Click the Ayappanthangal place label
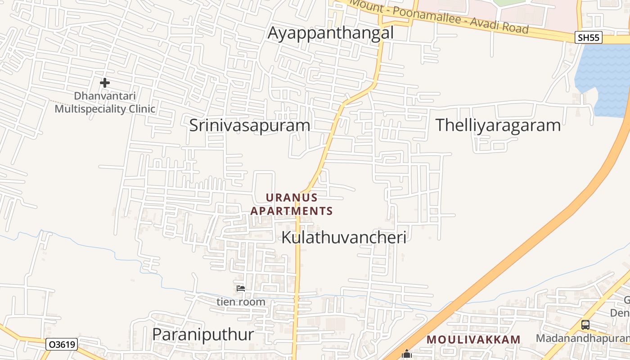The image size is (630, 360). (331, 33)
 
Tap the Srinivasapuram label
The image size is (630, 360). (250, 125)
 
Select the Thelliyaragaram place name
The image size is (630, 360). (498, 125)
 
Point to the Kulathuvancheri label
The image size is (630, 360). (344, 237)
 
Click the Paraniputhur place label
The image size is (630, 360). (203, 334)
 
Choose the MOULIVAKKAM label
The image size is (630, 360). (473, 339)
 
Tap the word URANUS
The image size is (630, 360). (292, 198)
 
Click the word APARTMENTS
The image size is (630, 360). (292, 211)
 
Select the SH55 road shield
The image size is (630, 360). (589, 37)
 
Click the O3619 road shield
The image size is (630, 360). (62, 345)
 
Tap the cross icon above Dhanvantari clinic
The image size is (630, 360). (105, 83)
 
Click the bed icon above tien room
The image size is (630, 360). (241, 288)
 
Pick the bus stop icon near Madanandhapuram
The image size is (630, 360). (585, 324)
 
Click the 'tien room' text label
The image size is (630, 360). (241, 301)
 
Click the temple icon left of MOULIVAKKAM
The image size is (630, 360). (407, 355)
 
